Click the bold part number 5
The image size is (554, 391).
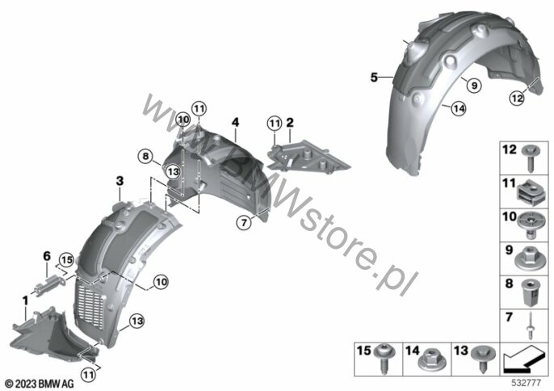click(x=374, y=77)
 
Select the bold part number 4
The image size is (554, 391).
click(x=235, y=122)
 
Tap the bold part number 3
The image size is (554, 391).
click(x=120, y=181)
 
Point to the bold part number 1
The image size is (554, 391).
click(x=25, y=301)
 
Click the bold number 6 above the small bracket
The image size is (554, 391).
click(x=47, y=256)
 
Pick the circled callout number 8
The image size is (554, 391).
click(x=145, y=156)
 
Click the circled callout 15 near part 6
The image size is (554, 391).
click(x=66, y=260)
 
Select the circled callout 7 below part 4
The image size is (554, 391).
click(x=244, y=222)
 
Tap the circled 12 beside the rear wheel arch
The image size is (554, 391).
click(x=517, y=98)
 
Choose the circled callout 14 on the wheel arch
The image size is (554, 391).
click(x=459, y=108)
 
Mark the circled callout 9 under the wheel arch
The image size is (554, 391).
click(x=474, y=85)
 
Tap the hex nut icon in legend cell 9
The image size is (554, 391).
click(x=531, y=261)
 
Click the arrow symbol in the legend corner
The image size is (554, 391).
click(x=523, y=359)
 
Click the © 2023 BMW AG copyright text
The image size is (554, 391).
click(x=40, y=384)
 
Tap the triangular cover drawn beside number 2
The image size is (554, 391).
click(x=308, y=158)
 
